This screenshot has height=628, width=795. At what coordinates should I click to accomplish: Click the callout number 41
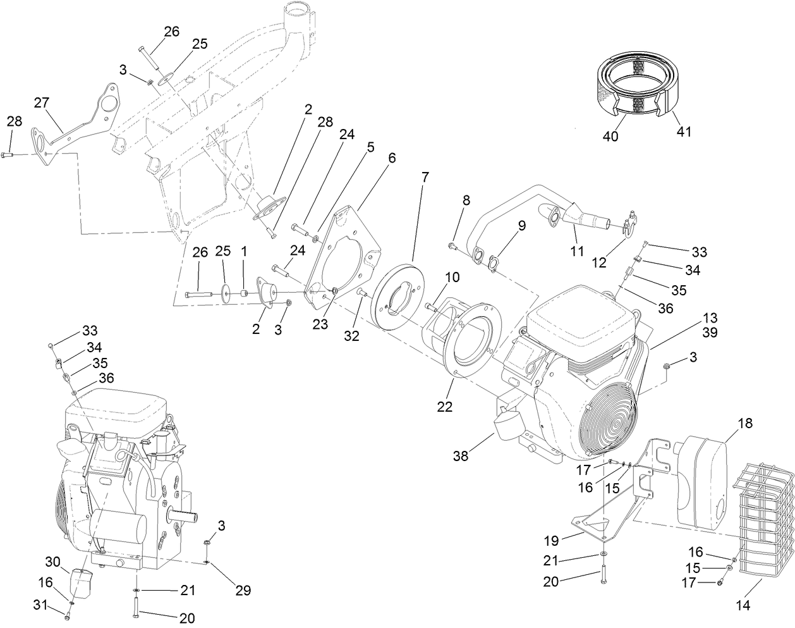(684, 132)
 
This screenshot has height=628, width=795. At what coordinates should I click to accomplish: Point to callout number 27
(42, 102)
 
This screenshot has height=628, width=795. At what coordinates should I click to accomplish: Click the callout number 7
(425, 177)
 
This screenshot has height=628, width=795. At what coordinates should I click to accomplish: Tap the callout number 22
(445, 407)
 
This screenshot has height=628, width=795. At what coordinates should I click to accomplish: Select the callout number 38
(461, 455)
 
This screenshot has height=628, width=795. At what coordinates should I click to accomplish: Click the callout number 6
(392, 157)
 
